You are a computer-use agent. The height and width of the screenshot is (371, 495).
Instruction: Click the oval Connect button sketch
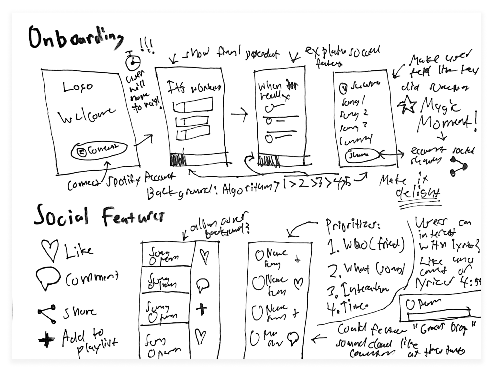98,150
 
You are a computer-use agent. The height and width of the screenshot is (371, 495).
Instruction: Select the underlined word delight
418,193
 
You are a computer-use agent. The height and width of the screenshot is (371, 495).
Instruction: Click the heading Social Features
99,216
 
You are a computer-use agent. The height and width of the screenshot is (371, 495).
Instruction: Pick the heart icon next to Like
50,250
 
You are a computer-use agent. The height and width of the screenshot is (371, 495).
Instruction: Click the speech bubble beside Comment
48,278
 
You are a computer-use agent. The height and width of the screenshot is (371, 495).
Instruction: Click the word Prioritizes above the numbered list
353,226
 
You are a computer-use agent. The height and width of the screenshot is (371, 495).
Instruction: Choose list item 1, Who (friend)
366,246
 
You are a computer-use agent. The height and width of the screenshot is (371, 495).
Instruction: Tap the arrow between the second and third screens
239,114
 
